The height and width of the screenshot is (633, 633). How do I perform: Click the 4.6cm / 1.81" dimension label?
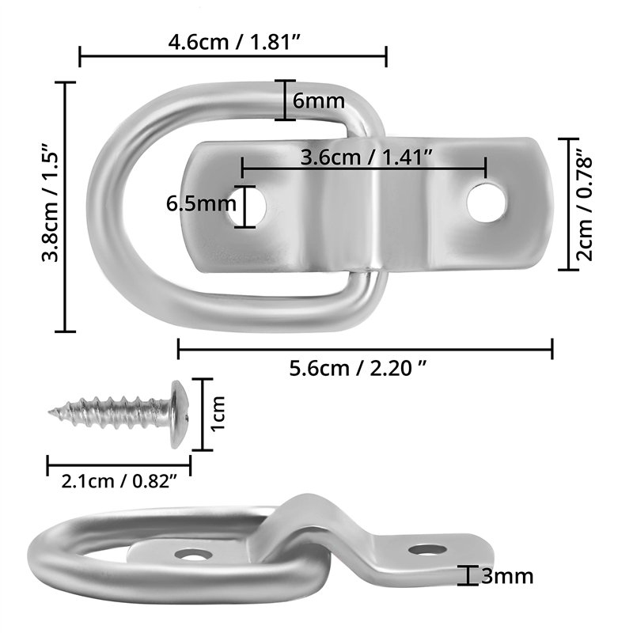tap(233, 42)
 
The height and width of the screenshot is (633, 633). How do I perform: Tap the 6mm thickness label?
tap(318, 101)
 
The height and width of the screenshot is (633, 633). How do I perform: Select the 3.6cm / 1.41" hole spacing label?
tap(365, 157)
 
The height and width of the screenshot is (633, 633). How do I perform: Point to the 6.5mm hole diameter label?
tap(201, 205)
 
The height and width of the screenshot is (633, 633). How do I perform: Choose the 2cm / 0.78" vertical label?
tap(585, 205)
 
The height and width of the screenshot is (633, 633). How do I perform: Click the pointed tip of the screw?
tap(52, 411)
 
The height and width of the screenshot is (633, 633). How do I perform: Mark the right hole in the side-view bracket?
tap(426, 548)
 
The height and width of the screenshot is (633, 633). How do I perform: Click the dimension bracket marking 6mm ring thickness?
tap(285, 100)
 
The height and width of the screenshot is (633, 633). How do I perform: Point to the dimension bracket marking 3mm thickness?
tap(470, 576)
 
